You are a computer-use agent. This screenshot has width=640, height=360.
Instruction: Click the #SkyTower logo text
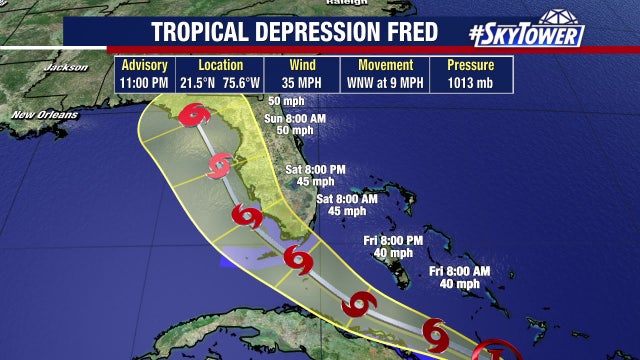[x=525, y=33]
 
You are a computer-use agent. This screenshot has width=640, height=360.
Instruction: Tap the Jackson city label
[x=66, y=67]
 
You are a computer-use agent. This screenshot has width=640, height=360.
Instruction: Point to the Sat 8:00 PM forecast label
[x=316, y=169]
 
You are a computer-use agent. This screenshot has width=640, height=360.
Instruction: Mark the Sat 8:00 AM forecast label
[x=347, y=198]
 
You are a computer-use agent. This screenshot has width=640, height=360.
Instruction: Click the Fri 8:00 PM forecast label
[x=392, y=240]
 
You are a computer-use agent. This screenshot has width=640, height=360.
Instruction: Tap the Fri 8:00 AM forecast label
[x=460, y=271]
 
